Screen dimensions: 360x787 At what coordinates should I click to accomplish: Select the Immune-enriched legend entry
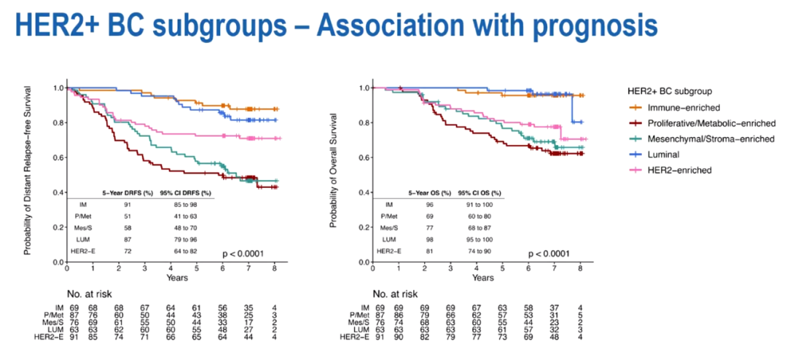tap(679, 109)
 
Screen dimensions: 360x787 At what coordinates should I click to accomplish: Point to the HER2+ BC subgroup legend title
tap(673, 93)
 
